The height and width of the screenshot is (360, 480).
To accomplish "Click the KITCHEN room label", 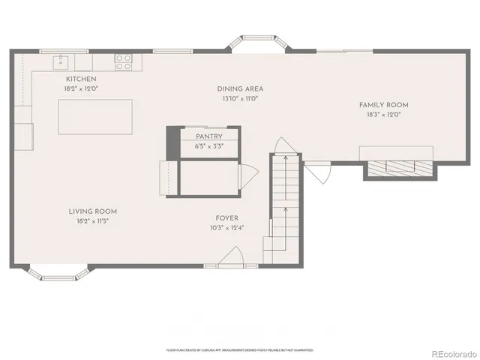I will click(x=81, y=79).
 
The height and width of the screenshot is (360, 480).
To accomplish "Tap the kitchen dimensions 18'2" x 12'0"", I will click(x=81, y=88).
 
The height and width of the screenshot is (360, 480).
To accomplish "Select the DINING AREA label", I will click(x=240, y=88).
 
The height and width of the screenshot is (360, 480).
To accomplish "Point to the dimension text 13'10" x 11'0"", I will click(x=240, y=97).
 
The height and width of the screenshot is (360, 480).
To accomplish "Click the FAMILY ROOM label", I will click(x=383, y=105).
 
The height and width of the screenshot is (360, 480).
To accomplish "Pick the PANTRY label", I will click(x=209, y=136).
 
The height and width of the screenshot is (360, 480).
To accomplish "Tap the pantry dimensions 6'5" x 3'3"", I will click(x=209, y=146).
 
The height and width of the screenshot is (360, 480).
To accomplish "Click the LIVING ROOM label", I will click(x=93, y=211).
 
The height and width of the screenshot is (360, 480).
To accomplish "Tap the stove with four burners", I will click(x=123, y=61).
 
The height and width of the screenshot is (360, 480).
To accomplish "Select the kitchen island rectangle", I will click(x=96, y=117).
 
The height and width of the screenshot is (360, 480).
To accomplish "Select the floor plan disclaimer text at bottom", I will click(x=240, y=349).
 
